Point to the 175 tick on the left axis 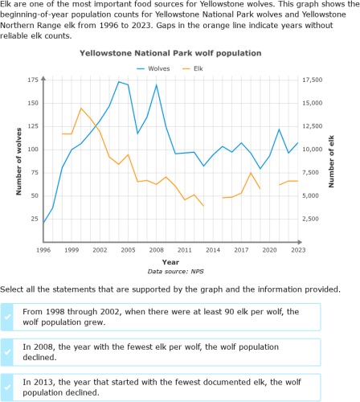coord(32,80)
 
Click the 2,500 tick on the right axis coord(314,219)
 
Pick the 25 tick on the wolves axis coord(35,219)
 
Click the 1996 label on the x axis coord(44,250)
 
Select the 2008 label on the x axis coord(157,250)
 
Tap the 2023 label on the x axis coord(298,250)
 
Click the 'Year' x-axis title coord(170,262)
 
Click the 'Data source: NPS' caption coord(170,272)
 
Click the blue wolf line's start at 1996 coord(44,223)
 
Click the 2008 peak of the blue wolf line coord(157,84)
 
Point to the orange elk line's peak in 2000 coord(81,109)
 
